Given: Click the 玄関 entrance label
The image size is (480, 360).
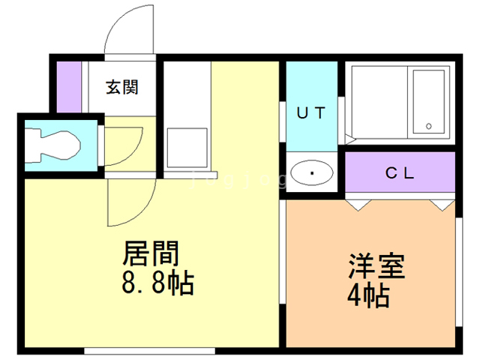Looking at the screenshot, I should click(x=121, y=87).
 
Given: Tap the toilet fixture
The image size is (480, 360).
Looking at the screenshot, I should click(x=51, y=144).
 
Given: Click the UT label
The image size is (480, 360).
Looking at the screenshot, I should click(x=310, y=114).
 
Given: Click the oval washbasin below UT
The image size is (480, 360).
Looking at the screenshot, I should click(x=311, y=173).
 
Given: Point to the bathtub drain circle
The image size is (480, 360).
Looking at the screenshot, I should click(x=430, y=125).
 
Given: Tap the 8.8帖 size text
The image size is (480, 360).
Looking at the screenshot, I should click(x=157, y=284).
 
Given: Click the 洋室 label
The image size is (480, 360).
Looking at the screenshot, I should click(x=376, y=267).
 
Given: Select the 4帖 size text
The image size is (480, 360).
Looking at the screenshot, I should click(x=367, y=296).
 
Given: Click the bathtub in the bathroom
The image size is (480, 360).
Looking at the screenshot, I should click(x=430, y=103).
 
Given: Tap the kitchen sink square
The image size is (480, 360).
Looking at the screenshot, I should click(x=185, y=147).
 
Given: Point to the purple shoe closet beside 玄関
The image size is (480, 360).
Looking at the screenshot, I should click(x=69, y=85).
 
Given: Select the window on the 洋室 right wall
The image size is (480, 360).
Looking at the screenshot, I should click(x=458, y=270).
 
